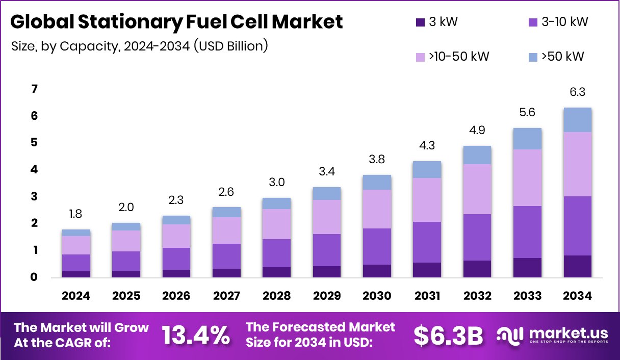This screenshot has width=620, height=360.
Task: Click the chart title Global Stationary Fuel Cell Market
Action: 176,22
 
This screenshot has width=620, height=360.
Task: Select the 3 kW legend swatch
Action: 420,22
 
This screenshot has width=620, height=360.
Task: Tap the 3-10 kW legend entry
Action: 558,22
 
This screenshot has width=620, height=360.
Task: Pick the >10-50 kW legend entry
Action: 451,56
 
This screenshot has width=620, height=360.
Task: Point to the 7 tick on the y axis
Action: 34,89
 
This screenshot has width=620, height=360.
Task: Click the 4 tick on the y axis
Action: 34,170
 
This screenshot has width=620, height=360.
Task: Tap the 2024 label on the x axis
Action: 76,296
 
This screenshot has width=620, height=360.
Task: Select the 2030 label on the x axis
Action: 377,296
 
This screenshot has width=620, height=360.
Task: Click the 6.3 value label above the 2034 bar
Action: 577,92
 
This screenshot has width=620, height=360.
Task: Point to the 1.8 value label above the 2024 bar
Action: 76,214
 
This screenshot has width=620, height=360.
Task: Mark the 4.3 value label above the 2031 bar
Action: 427,145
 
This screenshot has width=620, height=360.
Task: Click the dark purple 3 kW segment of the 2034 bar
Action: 577,266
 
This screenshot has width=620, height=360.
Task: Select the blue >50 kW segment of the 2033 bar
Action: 527,139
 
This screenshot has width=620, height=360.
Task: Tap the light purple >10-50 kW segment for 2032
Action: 477,189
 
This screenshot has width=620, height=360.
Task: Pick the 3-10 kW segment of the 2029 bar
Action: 326,250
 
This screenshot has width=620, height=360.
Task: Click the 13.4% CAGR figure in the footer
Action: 196,335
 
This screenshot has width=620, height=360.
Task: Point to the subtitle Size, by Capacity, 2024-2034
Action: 139,46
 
